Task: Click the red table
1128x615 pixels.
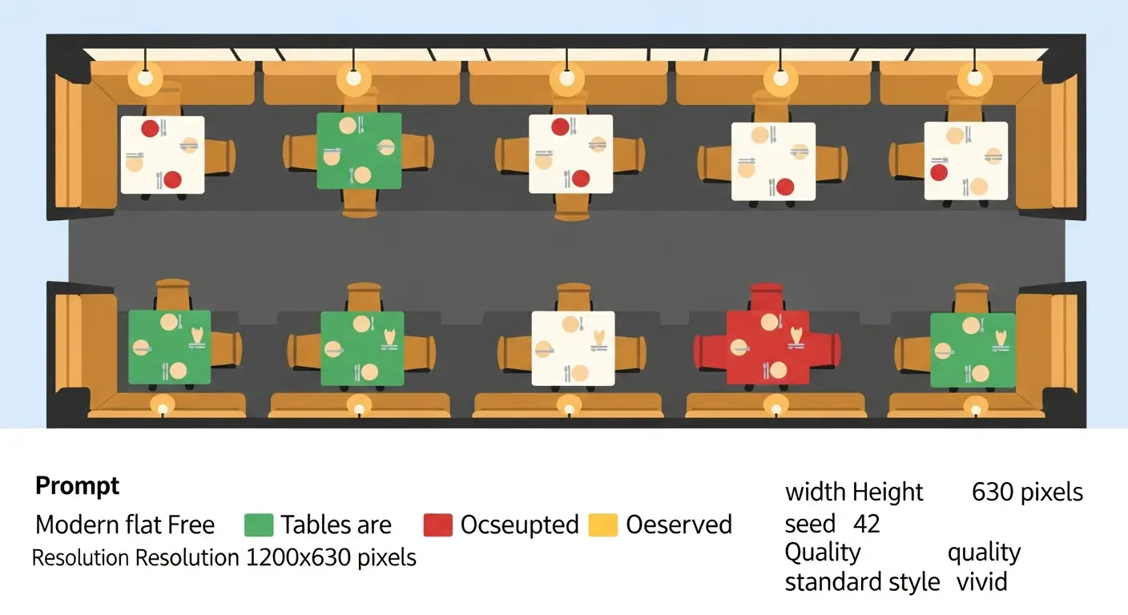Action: pos(768,348)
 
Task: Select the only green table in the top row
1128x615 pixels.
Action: pos(359,151)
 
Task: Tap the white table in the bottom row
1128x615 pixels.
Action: pos(573,348)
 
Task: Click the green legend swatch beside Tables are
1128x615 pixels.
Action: pos(259,525)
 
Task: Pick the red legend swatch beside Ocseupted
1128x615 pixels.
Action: pos(437,525)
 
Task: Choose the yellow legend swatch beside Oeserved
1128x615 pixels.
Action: pos(602,525)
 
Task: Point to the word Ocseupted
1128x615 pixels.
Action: pos(519,525)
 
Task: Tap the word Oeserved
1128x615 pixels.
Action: pos(679,525)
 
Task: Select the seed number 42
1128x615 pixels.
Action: pos(866,524)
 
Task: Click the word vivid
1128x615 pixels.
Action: pos(982,582)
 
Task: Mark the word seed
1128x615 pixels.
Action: pos(810,524)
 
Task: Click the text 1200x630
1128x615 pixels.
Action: pos(298,557)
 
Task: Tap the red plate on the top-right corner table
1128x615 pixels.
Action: pos(939,173)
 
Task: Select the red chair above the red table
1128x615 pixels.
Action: pos(767,297)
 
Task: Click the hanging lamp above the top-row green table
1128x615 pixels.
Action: pos(353,78)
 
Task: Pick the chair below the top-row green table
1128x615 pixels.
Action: pos(360,203)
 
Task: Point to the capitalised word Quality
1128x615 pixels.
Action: pos(822,553)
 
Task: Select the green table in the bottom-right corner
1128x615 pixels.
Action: pos(973,350)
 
